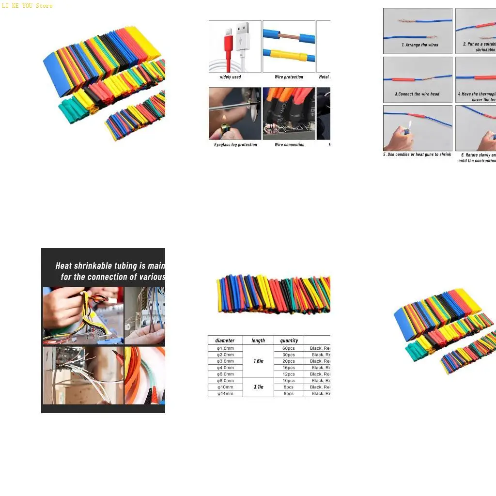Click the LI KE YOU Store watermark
coord(27,6)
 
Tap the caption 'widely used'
coord(230,77)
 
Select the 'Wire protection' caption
coord(289,77)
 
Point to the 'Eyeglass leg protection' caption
coord(235,145)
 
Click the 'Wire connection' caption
coord(289,145)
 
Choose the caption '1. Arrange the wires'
coord(419,45)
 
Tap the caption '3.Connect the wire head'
coord(417,94)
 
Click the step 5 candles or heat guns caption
coord(417,155)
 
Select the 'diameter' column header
coord(225,341)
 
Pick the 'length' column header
coord(258,341)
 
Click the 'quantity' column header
coord(289,341)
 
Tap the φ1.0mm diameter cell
coord(225,348)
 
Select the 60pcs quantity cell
coord(289,348)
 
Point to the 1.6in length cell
coord(258,361)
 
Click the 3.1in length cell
coord(258,387)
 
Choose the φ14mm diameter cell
coord(225,394)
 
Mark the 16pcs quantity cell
coord(289,368)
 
